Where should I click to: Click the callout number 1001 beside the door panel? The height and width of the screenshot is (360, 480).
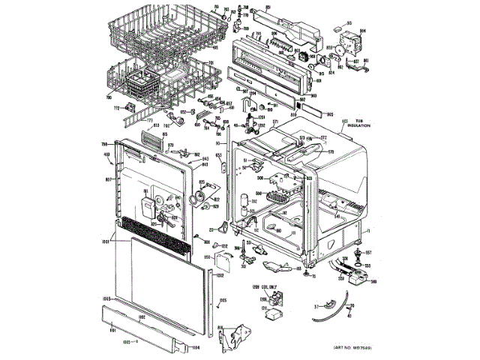[105, 241]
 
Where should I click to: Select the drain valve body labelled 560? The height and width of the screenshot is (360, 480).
[355, 274]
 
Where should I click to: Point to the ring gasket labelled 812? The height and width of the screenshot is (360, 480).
[199, 197]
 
